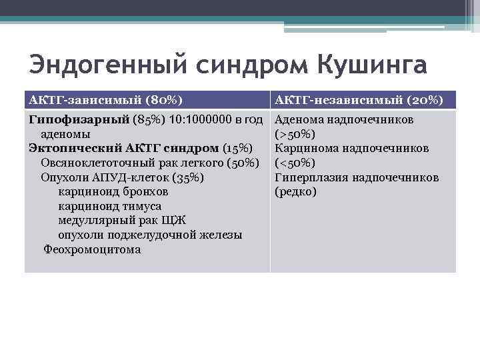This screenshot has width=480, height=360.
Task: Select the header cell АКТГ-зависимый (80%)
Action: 106,100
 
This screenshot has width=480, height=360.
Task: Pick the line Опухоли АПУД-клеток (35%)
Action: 122,177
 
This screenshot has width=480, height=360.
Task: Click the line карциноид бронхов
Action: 113,192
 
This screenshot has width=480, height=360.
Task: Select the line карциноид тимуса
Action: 110,206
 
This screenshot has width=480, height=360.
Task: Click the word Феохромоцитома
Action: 92,250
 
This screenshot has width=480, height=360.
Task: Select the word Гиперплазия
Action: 310,177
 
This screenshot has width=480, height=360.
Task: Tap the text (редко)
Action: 295,192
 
